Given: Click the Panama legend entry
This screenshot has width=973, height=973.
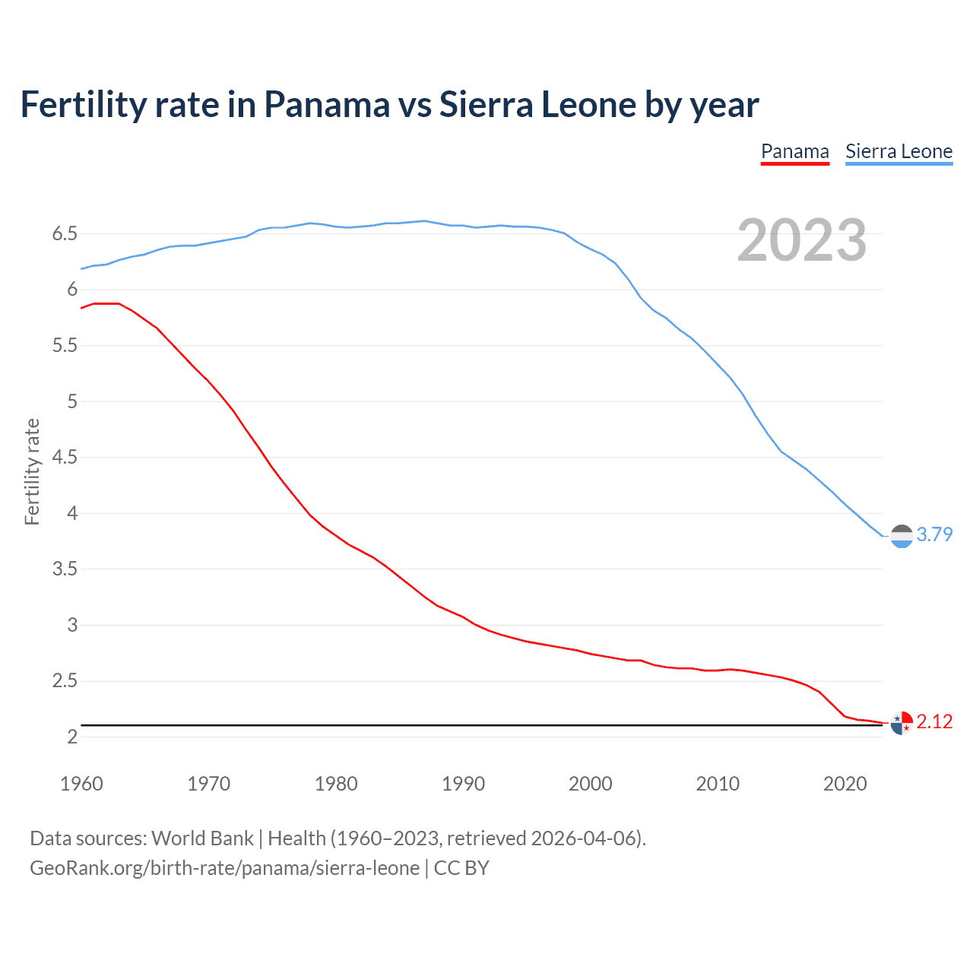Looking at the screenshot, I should coord(794,152).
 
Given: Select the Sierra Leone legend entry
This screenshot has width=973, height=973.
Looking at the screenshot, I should coord(899,152).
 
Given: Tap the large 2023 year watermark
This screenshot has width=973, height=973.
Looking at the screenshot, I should coord(801,240).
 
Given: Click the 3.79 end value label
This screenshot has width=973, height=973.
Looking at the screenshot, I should coord(934,534).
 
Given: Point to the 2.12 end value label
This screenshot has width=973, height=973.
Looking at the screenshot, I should coord(934,721).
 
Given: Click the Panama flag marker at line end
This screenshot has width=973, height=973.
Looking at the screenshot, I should coord(901,723).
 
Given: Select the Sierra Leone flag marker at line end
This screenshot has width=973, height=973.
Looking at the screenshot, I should coord(901,536).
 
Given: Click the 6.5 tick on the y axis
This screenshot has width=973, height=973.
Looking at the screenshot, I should coord(65,233).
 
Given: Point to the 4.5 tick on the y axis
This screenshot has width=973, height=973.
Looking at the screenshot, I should coord(65,457).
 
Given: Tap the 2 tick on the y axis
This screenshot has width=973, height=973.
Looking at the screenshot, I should coord(72,737).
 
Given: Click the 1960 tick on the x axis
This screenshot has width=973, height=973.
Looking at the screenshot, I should coord(81,784).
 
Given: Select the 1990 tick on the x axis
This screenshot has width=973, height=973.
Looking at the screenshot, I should coord(463,784).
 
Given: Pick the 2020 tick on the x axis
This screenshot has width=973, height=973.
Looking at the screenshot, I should coord(845,784).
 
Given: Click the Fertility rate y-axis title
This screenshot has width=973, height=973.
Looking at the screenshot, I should coord(32,471).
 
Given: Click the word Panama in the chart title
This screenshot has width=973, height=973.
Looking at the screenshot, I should coord(326,105).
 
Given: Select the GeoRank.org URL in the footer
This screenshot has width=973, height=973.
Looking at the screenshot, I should coord(224,868).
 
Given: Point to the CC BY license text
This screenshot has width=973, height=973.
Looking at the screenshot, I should coord(461,868).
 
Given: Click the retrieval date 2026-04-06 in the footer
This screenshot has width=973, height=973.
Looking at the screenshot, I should coord(582,838).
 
